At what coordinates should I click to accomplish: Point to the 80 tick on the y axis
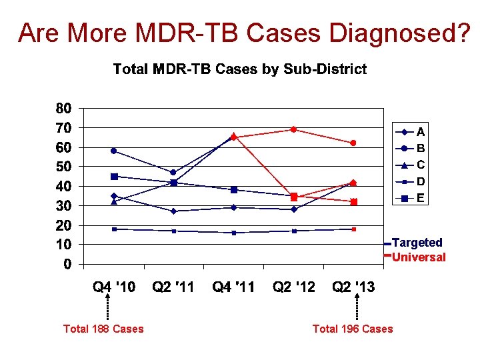click(x=63, y=108)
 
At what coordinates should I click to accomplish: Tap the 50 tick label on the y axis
click(x=63, y=167)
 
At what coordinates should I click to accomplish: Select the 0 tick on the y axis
click(x=67, y=265)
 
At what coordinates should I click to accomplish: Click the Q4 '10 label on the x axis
click(x=114, y=287)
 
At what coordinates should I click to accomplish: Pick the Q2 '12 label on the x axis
click(x=294, y=287)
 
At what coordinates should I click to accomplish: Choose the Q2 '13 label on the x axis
click(x=353, y=287)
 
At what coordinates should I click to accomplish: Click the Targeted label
click(x=417, y=243)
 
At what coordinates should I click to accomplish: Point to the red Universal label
click(x=419, y=257)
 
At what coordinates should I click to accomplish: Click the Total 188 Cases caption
click(x=103, y=329)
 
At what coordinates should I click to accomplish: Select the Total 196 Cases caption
click(x=353, y=329)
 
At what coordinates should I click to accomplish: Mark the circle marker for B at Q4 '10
click(x=114, y=151)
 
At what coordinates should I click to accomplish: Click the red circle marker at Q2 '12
click(x=293, y=129)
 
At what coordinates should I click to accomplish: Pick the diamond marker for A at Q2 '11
click(x=174, y=211)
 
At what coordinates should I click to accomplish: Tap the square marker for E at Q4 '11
click(x=234, y=190)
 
